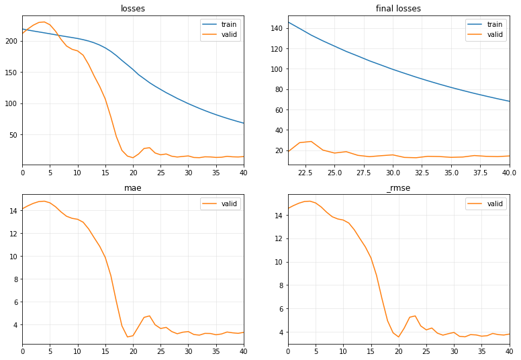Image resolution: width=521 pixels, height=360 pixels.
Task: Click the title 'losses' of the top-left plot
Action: point(133,9)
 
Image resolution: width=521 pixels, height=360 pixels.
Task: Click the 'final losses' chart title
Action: point(399,9)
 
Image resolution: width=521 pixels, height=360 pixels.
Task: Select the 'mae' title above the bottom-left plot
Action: point(133,189)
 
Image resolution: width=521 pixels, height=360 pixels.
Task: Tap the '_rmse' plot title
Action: point(399,189)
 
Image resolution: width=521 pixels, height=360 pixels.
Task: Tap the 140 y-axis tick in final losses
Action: point(275,28)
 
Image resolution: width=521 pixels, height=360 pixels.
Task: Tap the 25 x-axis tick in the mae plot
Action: point(160,352)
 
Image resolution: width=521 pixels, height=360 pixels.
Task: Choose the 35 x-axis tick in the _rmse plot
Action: point(482,352)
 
